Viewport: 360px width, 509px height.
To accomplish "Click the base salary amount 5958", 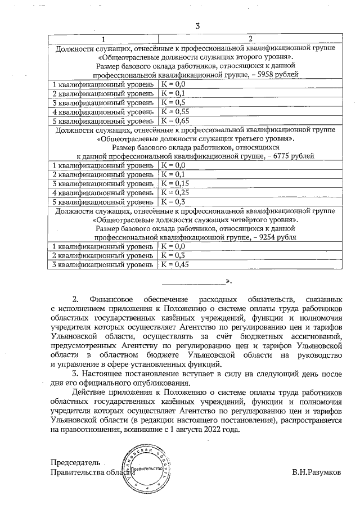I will point(268,75).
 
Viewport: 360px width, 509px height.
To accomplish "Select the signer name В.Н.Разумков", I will point(316,472).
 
